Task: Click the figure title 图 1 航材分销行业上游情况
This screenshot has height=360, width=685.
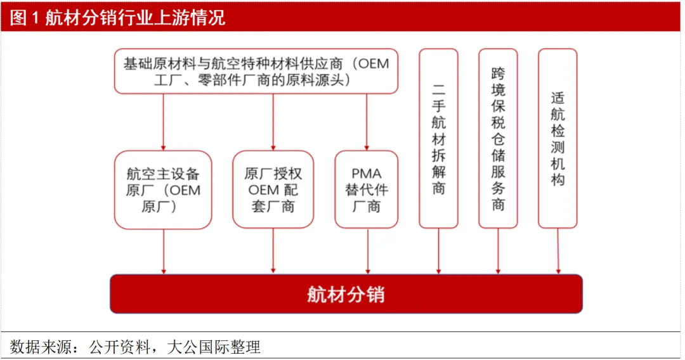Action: (x=117, y=18)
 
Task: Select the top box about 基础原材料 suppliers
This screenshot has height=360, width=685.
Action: (x=256, y=71)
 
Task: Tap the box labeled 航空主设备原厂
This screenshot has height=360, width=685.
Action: (x=163, y=190)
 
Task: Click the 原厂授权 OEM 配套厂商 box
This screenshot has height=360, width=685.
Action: (x=273, y=190)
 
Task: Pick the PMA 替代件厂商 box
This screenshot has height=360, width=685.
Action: (x=367, y=190)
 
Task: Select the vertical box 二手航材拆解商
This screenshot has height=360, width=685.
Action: (x=439, y=138)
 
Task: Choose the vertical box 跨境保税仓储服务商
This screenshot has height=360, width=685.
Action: (x=498, y=138)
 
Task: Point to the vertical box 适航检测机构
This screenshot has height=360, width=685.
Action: (x=558, y=138)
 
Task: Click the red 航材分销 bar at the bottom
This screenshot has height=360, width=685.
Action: (x=346, y=293)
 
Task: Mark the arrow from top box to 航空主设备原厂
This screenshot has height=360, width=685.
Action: (x=164, y=122)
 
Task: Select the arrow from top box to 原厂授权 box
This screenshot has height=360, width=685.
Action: (x=273, y=122)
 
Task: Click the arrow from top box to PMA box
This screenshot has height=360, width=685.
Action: (x=367, y=122)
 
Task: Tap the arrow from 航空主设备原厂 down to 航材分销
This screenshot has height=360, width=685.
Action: (x=164, y=252)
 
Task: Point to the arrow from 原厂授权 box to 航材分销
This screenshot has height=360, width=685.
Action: (x=273, y=252)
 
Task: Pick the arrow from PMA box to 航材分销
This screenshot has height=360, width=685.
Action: (x=368, y=252)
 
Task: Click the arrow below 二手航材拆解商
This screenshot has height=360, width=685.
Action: (x=439, y=252)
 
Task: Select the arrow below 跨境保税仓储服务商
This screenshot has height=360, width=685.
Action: (x=498, y=252)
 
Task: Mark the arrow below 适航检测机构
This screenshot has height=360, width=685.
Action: (x=558, y=252)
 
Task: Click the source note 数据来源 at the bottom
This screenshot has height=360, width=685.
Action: (x=135, y=347)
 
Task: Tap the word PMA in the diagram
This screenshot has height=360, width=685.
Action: (x=367, y=174)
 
